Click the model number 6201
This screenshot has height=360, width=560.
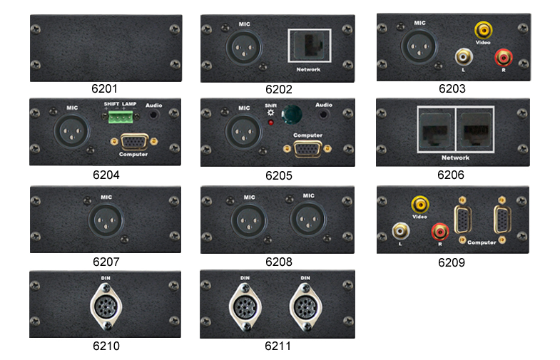pos(104,88)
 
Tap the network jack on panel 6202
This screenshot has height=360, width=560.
pos(310,46)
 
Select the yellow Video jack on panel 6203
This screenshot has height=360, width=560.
pos(483,31)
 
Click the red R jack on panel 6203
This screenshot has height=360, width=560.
pos(503,57)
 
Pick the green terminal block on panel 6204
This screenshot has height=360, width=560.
pos(121,117)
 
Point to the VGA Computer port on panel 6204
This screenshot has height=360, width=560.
pos(134,142)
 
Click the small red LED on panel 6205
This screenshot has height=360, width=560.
pos(270,123)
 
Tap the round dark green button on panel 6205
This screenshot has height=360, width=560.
pos(292,115)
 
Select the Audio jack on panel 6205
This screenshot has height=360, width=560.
pos(323,115)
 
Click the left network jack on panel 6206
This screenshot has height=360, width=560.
pos(436,129)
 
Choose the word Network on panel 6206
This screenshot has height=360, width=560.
pos(455,158)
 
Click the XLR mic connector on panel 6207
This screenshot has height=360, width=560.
pos(106,220)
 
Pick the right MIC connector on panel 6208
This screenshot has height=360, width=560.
pos(308,220)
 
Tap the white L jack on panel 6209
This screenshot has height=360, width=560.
pos(401,231)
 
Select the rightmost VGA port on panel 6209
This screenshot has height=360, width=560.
pos(502,220)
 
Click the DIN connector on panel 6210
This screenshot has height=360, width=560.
pos(106,306)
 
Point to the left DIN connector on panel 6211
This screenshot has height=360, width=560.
pos(245,307)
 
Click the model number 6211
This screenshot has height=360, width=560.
pos(278,346)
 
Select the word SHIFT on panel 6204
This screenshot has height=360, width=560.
pos(111,104)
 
